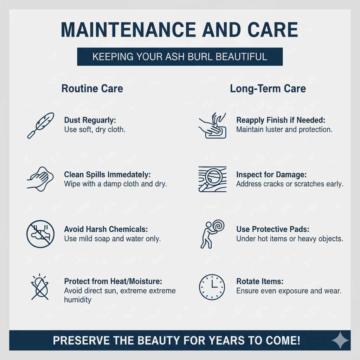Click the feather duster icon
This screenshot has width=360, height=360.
(40, 125)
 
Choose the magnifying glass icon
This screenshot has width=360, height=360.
(212, 179)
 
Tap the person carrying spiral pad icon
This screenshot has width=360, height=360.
(212, 233)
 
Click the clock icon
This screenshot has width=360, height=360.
(212, 287)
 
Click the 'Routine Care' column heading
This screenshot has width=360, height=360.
(92, 88)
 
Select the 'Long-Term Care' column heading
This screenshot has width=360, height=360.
(268, 88)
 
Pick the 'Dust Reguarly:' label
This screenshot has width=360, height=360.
(90, 120)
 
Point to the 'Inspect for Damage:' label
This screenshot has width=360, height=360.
(272, 175)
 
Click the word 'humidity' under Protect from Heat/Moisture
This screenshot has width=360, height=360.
(78, 300)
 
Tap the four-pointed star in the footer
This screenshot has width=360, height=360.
(340, 340)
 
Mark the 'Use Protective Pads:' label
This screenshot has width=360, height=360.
(272, 229)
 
